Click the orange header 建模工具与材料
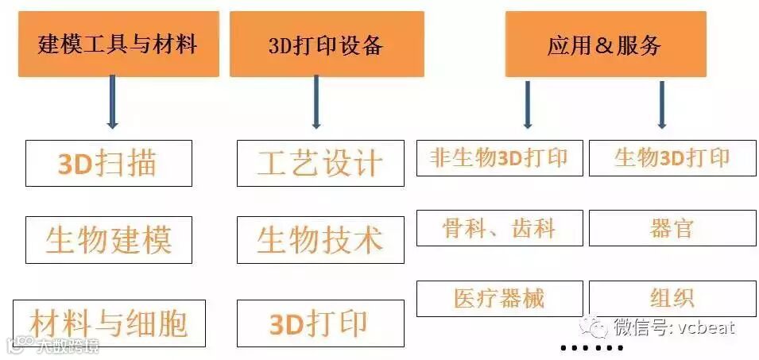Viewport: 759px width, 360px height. click(x=118, y=44)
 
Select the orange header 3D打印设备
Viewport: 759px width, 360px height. click(x=326, y=45)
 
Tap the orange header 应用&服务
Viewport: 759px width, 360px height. click(x=605, y=45)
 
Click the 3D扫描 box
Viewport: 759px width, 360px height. click(x=108, y=164)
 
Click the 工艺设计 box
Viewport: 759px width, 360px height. click(x=319, y=164)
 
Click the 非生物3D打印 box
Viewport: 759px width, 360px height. click(x=499, y=158)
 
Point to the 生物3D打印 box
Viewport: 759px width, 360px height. click(x=672, y=158)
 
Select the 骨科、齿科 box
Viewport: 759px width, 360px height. click(x=499, y=228)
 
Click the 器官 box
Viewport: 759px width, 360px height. click(x=672, y=228)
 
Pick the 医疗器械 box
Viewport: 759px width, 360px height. click(x=499, y=298)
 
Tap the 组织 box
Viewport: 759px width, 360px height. click(x=672, y=298)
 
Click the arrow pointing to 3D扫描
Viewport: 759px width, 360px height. click(x=112, y=102)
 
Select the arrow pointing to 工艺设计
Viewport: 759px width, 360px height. click(x=316, y=102)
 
